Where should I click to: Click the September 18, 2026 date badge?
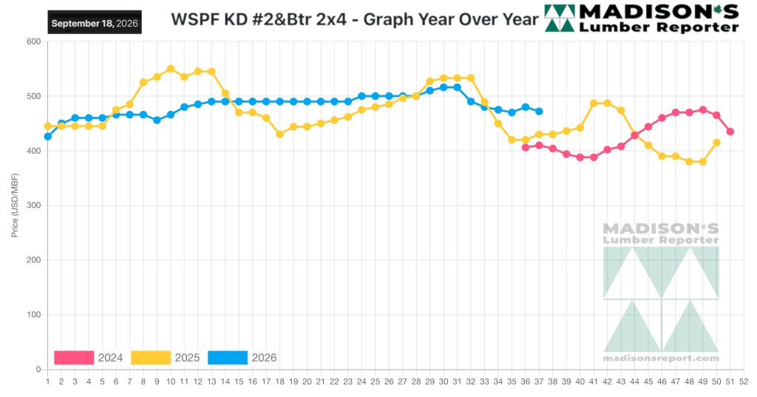(95, 23)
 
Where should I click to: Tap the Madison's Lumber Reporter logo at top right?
(642, 18)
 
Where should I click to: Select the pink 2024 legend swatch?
(74, 358)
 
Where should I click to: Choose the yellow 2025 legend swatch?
(151, 358)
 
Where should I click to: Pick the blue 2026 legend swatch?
(228, 358)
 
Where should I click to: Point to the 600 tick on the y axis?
(34, 41)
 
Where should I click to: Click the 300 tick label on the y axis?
(34, 206)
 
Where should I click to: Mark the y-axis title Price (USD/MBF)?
(15, 206)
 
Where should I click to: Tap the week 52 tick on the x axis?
(744, 382)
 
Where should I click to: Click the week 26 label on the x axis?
(389, 382)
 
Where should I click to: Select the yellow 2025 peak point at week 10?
(171, 69)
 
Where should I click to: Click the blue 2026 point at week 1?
(48, 137)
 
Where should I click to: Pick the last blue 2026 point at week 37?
(539, 112)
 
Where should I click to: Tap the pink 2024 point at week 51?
(730, 132)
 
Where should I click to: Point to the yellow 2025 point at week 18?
(279, 135)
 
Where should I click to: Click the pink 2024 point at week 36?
(526, 148)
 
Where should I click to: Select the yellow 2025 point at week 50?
(716, 143)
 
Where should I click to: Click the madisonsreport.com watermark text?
(661, 359)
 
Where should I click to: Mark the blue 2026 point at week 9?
(157, 121)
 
